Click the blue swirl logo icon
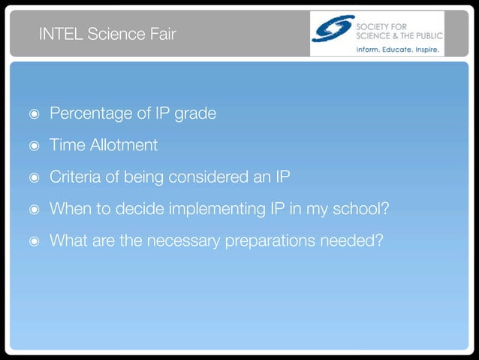[x=333, y=29]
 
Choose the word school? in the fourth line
[x=363, y=209]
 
